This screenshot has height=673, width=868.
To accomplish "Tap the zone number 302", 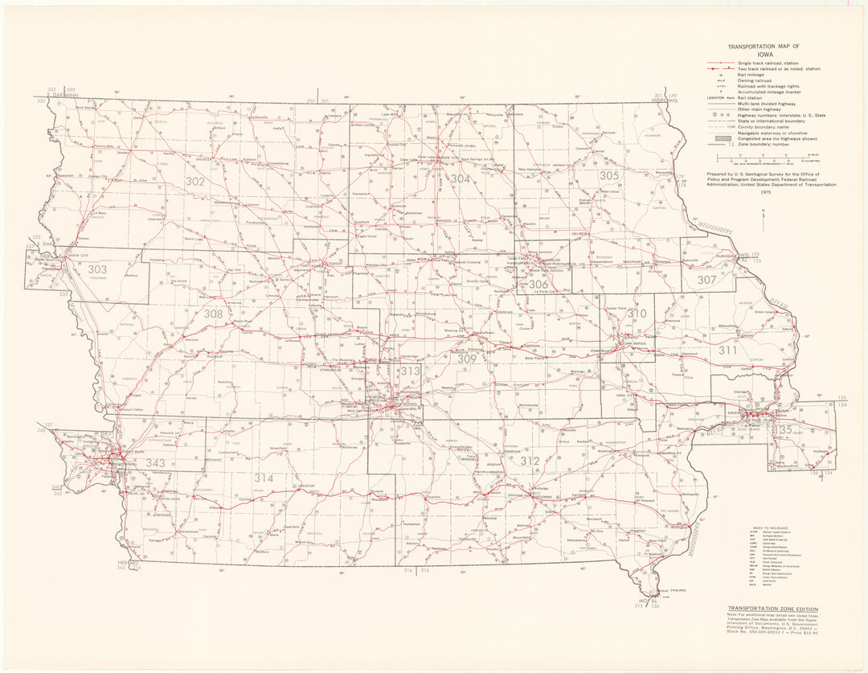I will (194, 182).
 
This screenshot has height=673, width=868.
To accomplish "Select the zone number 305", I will (608, 175).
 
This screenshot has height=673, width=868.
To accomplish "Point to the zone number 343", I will (155, 462).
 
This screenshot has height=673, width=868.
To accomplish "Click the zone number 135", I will (781, 430).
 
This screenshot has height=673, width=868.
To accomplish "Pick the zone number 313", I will (410, 371).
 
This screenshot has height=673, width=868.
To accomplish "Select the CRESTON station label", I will (306, 486).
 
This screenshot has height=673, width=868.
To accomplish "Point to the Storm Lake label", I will (193, 239).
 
